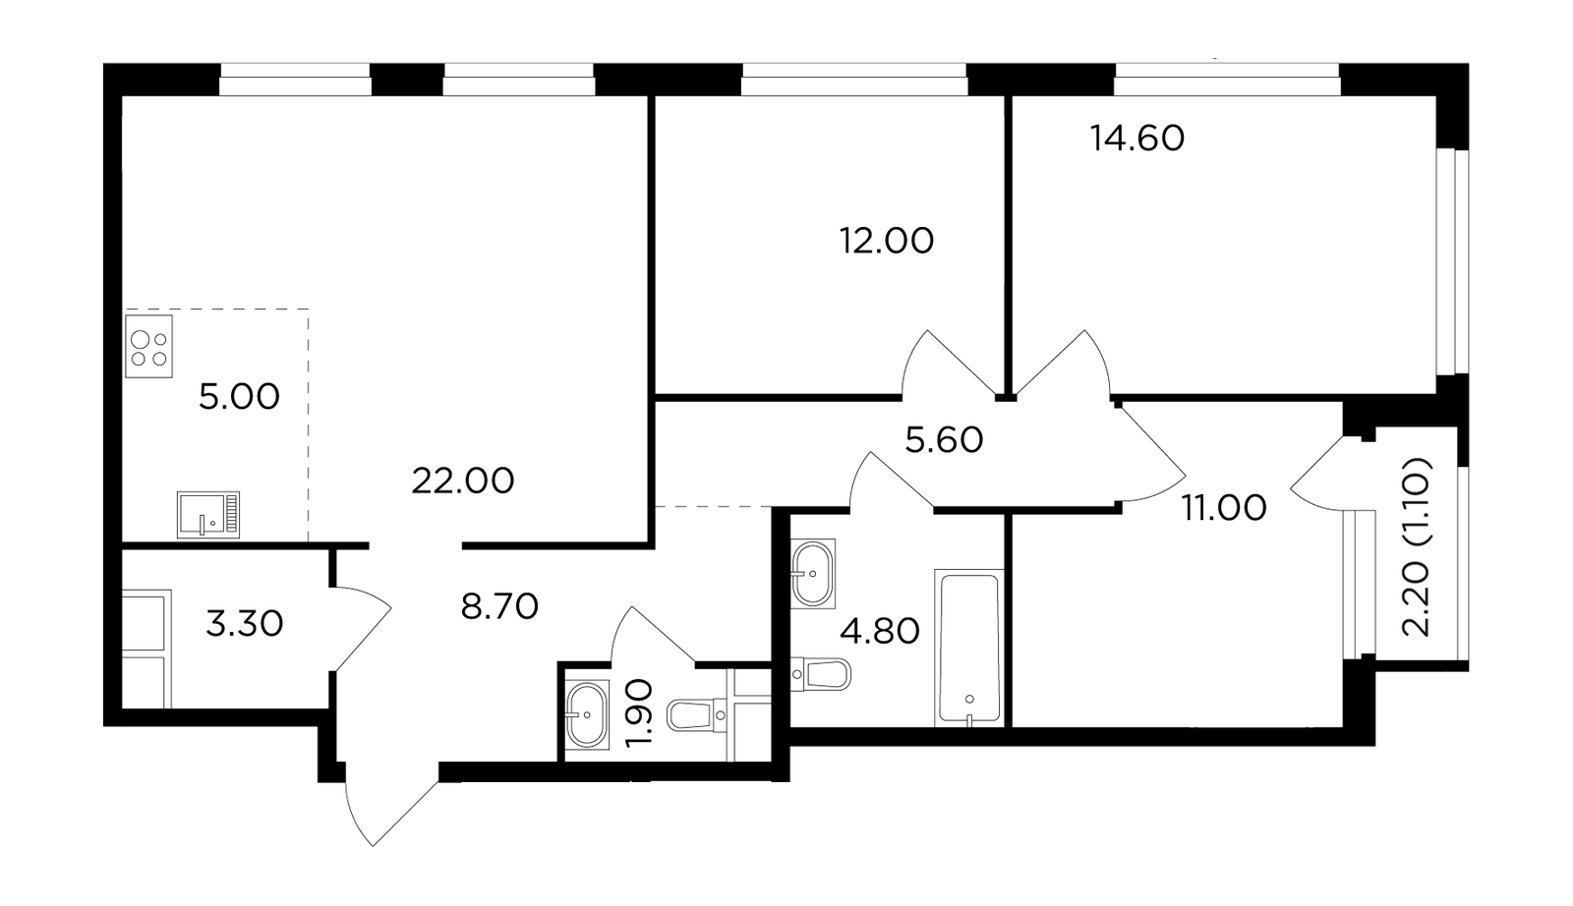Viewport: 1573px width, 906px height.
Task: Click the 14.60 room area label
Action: coord(1136,139)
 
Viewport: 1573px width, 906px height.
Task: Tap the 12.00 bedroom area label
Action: coord(887,241)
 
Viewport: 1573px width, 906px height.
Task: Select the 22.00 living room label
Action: coord(463,481)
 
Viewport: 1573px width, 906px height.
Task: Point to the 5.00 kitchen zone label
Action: coord(240,397)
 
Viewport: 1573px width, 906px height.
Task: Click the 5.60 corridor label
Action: coord(944,441)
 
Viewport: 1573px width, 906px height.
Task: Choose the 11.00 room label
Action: coord(1224,507)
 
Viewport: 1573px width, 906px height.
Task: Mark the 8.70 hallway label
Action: coord(499,606)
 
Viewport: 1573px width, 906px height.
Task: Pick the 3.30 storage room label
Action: coord(245,623)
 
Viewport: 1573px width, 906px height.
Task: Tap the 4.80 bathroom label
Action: coord(880,632)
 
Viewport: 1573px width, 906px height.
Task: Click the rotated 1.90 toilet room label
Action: coord(640,713)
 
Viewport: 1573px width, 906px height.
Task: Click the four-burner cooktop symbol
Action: coord(148,346)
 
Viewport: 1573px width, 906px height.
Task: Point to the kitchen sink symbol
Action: coord(207,514)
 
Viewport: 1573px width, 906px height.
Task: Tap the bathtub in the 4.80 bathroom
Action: coord(969,649)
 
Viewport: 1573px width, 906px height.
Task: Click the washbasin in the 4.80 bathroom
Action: coord(813,573)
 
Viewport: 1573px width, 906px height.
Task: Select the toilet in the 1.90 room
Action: coord(699,714)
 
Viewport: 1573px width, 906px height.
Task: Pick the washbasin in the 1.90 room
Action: coord(587,715)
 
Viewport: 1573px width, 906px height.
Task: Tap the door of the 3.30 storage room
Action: coord(361,628)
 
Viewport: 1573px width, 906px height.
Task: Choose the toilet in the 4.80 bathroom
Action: coord(820,674)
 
